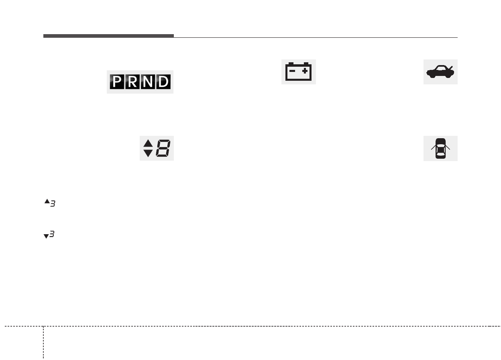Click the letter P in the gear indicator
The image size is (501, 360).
[116, 82]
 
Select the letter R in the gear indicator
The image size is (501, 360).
[132, 82]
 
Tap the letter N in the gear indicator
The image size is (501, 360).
[147, 82]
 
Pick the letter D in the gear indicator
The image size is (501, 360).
[163, 82]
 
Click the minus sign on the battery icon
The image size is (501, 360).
[292, 71]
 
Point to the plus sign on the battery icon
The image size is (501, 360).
[305, 71]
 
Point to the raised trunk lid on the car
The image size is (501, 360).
[451, 68]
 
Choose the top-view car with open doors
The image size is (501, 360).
[440, 148]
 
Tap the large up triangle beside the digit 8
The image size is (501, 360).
[148, 143]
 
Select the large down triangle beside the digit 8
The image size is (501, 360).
[148, 153]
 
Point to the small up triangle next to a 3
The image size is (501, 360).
[47, 201]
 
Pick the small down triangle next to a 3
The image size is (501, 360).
[46, 237]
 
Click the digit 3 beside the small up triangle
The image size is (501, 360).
[53, 204]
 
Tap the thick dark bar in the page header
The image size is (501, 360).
[108, 36]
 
